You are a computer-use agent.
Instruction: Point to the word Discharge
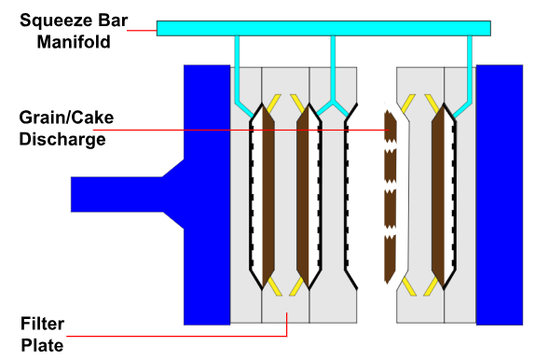[x=62, y=140]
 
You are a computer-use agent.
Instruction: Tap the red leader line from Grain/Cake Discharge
[x=242, y=130]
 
